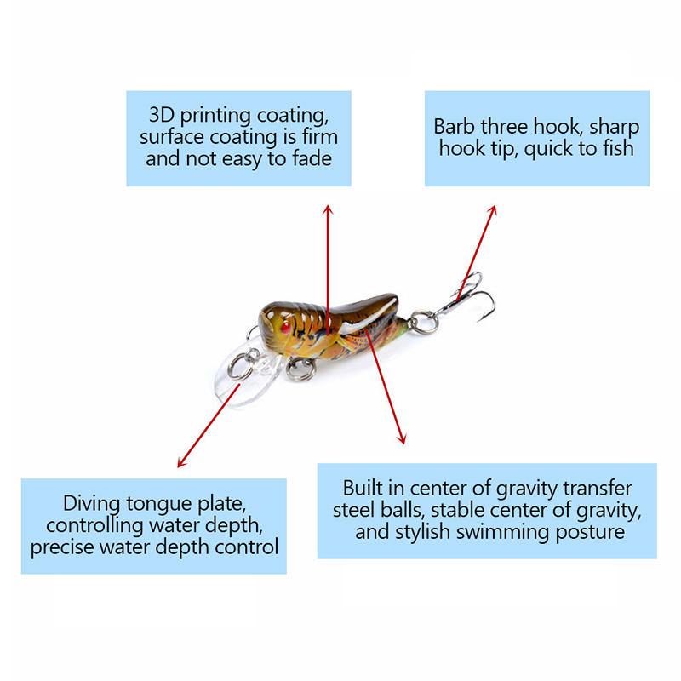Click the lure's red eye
click(285, 327)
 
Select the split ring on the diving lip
click(242, 366)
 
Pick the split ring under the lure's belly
click(301, 369)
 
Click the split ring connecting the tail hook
click(423, 322)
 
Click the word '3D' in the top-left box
click(162, 115)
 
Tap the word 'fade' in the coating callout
click(312, 158)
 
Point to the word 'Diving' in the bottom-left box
click(91, 504)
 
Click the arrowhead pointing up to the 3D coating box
click(328, 209)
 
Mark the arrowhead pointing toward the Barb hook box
click(492, 210)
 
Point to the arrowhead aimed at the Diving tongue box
click(182, 462)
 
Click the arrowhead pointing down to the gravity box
click(402, 438)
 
